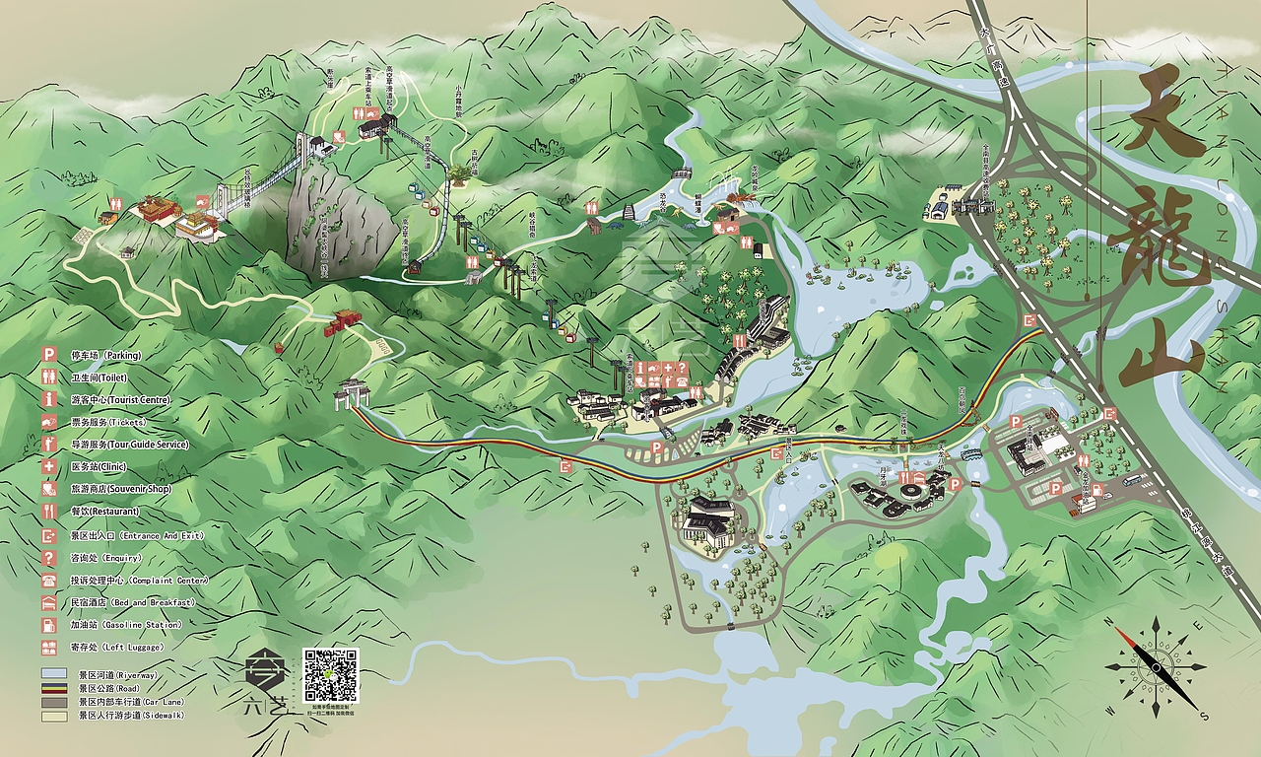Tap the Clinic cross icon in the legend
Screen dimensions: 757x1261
48,466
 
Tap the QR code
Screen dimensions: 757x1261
330,675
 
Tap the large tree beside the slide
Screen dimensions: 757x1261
459,174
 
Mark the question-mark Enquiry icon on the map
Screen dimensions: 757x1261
682,368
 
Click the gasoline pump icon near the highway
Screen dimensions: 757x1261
1110,414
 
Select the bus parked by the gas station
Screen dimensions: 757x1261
1133,480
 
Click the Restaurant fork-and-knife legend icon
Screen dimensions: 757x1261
48,512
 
